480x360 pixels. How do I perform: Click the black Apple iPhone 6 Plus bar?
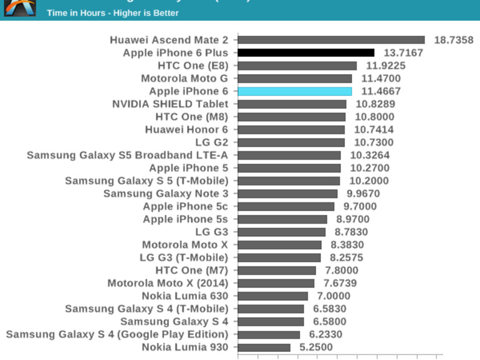306,53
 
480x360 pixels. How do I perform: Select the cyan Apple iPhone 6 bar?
295,92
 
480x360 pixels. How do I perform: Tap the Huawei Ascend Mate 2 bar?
331,40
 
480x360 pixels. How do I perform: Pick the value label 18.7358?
453,40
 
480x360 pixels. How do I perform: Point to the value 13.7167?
403,53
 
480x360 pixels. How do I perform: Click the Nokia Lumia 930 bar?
264,348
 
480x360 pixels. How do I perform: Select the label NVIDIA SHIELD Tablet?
170,104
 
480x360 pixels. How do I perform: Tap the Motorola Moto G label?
185,78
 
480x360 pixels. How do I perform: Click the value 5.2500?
316,348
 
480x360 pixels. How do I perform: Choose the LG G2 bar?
291,143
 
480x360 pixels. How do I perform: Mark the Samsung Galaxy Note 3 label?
166,194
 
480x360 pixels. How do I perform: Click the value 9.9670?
363,194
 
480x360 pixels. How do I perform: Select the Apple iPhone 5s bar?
282,219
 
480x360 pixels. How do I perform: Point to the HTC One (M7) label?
191,270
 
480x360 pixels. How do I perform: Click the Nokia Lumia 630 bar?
273,296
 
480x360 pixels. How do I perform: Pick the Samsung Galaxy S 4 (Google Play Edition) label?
117,334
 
